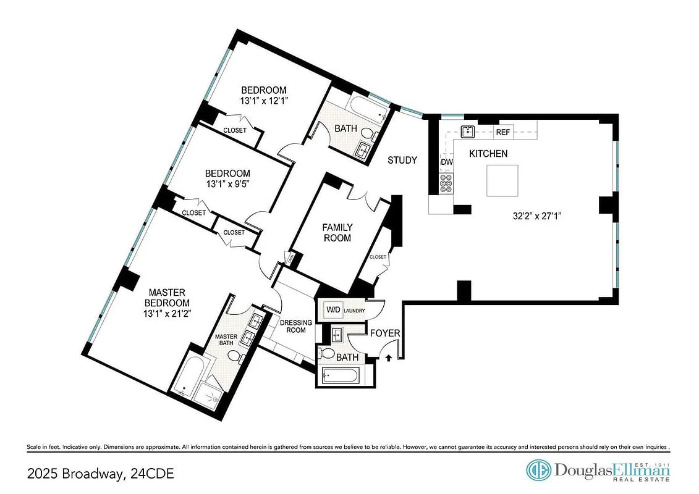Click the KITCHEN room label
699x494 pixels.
point(488,154)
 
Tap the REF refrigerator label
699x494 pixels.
point(503,132)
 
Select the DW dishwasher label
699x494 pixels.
point(447,162)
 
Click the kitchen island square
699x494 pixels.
point(502,181)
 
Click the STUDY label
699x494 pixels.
point(402,161)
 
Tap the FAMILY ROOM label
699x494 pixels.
point(337,233)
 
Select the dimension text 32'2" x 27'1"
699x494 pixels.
point(537,216)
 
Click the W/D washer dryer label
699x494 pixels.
point(334,310)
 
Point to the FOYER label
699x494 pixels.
point(385,333)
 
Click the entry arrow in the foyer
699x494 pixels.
point(389,356)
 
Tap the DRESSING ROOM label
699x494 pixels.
point(293,326)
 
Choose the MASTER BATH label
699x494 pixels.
point(226,341)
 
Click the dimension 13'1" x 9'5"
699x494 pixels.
point(228,183)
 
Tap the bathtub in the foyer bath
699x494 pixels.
point(339,376)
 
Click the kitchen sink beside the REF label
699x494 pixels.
point(468,130)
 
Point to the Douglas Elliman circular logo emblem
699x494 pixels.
point(538,470)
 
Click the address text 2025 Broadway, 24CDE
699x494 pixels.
point(101,474)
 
